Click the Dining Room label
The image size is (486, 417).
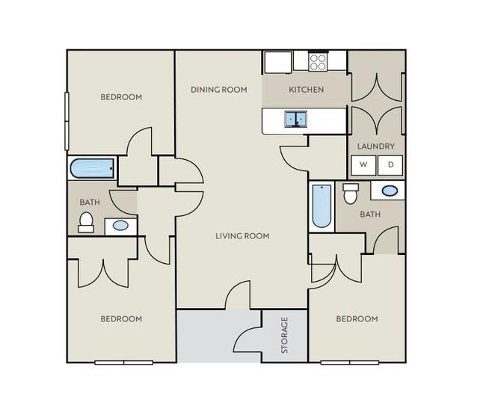[219, 90]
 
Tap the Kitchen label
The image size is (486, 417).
[307, 90]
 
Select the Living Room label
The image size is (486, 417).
[242, 236]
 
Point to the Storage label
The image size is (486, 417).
[285, 336]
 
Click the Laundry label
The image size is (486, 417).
[376, 146]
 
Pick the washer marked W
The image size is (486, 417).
[363, 165]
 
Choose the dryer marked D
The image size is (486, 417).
[390, 165]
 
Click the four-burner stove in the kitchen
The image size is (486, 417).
[319, 62]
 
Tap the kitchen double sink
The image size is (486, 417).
[296, 120]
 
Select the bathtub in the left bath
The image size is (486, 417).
[93, 168]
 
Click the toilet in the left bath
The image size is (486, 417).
[86, 222]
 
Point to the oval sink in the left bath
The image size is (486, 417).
[120, 225]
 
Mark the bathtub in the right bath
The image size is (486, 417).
[322, 206]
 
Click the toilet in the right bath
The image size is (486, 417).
[351, 194]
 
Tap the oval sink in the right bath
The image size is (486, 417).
[390, 191]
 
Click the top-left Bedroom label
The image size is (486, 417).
[121, 97]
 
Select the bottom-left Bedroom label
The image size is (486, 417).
[121, 319]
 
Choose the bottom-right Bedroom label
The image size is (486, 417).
[357, 319]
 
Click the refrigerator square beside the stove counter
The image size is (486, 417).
[278, 62]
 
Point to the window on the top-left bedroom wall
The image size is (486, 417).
[67, 121]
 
